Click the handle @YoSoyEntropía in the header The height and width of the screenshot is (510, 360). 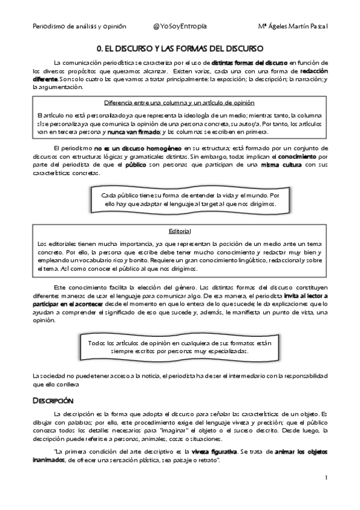(180, 26)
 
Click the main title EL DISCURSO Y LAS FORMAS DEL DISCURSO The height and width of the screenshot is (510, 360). (183, 48)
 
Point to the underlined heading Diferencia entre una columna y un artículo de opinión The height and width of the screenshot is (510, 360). (179, 103)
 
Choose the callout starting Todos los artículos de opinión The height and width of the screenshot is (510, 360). (180, 346)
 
